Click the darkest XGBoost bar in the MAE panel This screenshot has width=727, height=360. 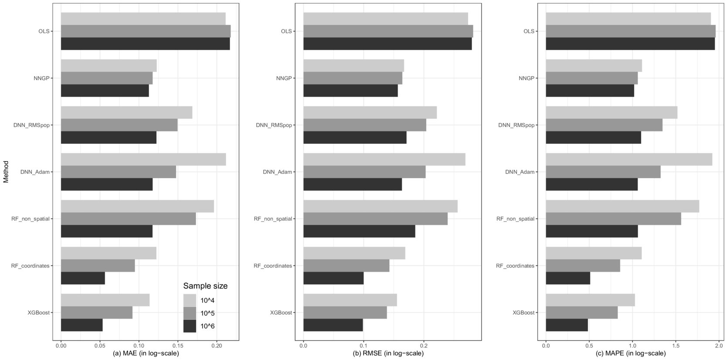pyautogui.click(x=82, y=325)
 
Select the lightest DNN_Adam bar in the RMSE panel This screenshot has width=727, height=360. pyautogui.click(x=384, y=160)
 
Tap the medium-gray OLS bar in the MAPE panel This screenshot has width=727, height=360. pyautogui.click(x=630, y=31)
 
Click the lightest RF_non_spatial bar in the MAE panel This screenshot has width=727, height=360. pyautogui.click(x=137, y=206)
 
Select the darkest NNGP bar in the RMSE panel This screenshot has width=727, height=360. pyautogui.click(x=350, y=91)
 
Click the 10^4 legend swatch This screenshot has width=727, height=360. pyautogui.click(x=190, y=300)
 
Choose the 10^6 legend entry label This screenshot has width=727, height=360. pyautogui.click(x=207, y=326)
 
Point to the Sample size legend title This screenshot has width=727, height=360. pyautogui.click(x=205, y=286)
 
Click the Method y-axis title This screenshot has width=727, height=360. pyautogui.click(x=6, y=172)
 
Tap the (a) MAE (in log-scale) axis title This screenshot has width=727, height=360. pyautogui.click(x=146, y=353)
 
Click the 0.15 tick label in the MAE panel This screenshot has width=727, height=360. pyautogui.click(x=178, y=344)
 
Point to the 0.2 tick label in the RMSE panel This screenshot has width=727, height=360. pyautogui.click(x=423, y=344)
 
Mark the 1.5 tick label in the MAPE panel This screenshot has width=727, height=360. pyautogui.click(x=675, y=344)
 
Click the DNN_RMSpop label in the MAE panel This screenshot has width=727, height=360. pyautogui.click(x=31, y=125)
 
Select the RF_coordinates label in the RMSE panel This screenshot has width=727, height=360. pyautogui.click(x=273, y=266)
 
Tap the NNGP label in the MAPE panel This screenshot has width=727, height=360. pyautogui.click(x=527, y=78)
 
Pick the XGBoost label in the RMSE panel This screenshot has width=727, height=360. pyautogui.click(x=281, y=312)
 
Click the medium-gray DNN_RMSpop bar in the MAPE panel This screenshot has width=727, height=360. pyautogui.click(x=604, y=125)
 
